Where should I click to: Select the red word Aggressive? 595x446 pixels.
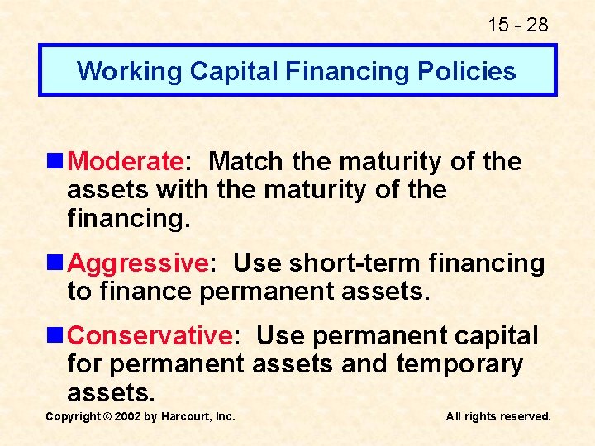[137, 263]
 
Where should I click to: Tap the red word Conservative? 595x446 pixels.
[150, 336]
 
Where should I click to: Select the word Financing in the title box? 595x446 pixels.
[350, 71]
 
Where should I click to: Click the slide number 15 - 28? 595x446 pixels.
[517, 25]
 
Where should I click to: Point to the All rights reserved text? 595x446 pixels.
[498, 416]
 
